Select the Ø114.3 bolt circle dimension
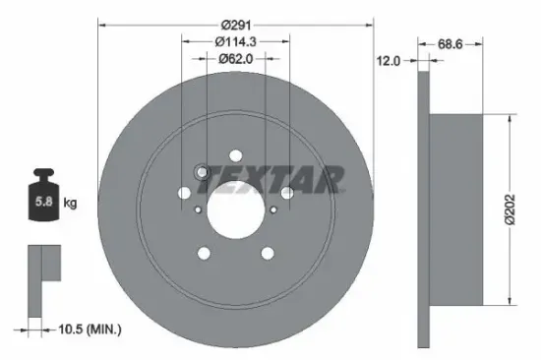click(236, 40)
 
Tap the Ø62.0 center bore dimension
click(236, 58)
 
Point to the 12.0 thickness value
click(390, 61)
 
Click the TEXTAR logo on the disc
click(294, 177)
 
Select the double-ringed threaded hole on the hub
click(203, 174)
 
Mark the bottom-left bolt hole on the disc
click(204, 254)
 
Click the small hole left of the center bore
click(197, 209)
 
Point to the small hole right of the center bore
click(274, 209)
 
